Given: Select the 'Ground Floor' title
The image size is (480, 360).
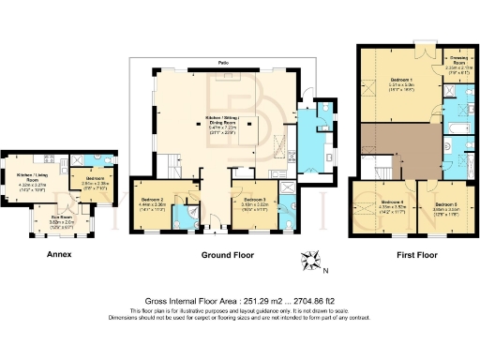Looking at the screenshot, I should pyautogui.click(x=224, y=254).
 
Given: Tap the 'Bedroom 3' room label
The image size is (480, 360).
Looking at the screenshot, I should pyautogui.click(x=250, y=199).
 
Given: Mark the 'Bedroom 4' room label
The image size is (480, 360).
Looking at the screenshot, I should pyautogui.click(x=393, y=202).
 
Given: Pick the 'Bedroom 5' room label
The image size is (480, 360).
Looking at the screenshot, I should pyautogui.click(x=445, y=202).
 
